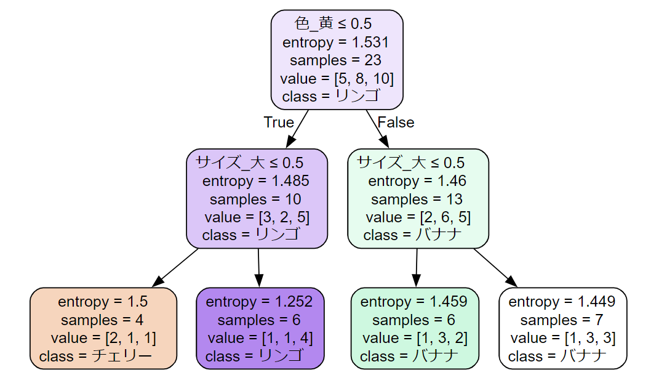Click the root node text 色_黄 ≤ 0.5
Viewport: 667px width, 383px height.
[x=333, y=24]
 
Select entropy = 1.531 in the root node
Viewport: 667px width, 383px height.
[x=335, y=42]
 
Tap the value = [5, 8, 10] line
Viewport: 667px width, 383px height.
[x=337, y=79]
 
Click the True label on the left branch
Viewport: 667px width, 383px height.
[x=279, y=122]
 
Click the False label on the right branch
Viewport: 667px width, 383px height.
[x=396, y=122]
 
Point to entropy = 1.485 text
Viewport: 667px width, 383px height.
[x=255, y=181]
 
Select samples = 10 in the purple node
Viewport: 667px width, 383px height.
[x=255, y=200]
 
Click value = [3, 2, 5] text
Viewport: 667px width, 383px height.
[x=257, y=217]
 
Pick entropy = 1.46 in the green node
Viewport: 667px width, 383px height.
[x=417, y=181]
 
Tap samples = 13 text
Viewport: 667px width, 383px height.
[x=417, y=200]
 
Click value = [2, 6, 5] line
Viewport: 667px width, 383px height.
[x=418, y=217]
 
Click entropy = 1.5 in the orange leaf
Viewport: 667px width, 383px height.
[x=103, y=302]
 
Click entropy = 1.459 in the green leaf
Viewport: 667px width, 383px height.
[x=413, y=302]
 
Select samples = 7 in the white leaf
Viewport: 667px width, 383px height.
[x=561, y=320]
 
